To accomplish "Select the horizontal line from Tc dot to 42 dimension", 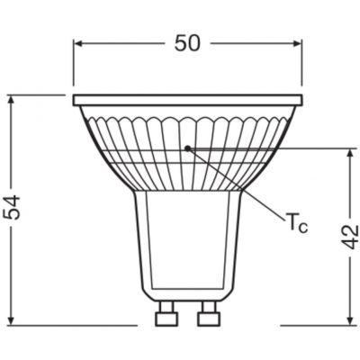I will (270, 147).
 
